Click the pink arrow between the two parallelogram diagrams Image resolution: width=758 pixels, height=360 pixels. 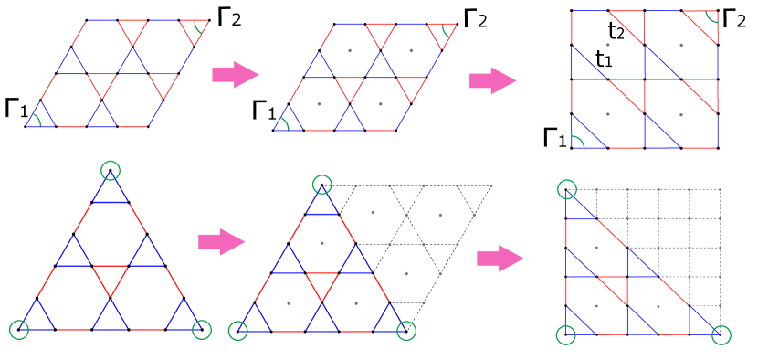(x=235, y=74)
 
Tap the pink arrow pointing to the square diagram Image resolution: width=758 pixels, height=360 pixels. (x=492, y=80)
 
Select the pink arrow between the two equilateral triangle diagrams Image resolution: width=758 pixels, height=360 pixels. (x=221, y=241)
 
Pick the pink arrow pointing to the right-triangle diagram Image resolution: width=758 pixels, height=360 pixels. (x=500, y=259)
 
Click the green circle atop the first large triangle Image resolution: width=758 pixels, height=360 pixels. (x=111, y=170)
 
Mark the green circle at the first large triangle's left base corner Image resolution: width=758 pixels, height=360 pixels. (x=19, y=329)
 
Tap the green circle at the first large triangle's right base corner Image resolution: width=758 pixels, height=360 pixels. (x=202, y=329)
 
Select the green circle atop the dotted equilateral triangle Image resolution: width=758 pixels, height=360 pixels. (x=322, y=185)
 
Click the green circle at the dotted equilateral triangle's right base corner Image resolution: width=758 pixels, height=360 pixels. (x=406, y=331)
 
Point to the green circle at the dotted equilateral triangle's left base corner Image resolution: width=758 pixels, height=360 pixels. (x=237, y=331)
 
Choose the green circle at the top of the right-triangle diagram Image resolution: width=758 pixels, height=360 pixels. (x=567, y=189)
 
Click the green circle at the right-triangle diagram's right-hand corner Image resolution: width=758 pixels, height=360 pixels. (x=721, y=334)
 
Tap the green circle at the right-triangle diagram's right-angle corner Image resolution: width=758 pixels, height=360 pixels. (x=566, y=334)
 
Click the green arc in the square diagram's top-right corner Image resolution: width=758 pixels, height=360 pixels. (x=711, y=18)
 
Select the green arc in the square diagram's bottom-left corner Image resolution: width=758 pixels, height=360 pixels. (x=578, y=141)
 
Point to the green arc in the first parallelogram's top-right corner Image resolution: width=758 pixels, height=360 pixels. (x=197, y=28)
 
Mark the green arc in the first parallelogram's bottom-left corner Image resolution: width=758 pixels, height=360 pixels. (x=35, y=120)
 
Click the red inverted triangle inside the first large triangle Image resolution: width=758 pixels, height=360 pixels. (x=111, y=277)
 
